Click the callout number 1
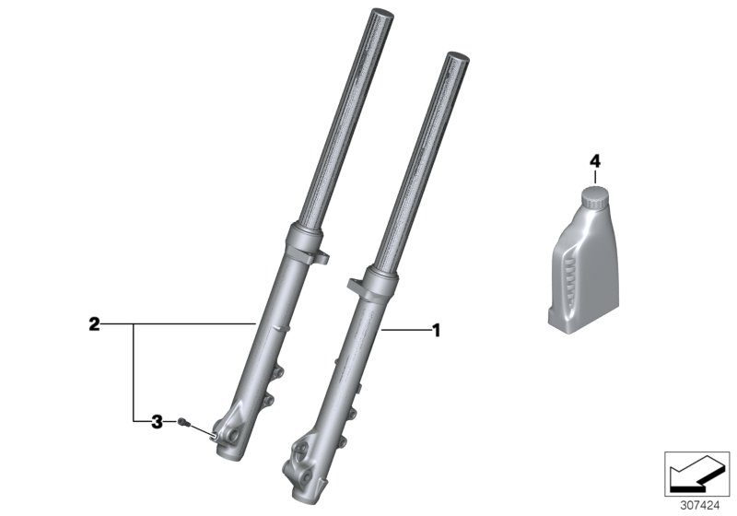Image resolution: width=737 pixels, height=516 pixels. coord(437,329)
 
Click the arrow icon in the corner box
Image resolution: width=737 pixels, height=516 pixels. coord(696,475)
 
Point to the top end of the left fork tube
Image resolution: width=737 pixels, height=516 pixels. coord(380,17)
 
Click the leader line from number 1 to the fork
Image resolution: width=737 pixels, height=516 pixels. coord(404,329)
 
